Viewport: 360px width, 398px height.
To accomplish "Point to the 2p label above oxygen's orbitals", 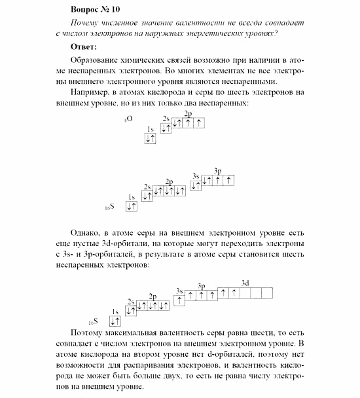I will [188, 114].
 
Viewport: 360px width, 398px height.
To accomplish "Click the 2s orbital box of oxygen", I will [166, 128].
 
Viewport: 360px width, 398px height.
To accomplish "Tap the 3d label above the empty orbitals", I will [245, 282].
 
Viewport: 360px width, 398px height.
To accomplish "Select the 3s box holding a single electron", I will [179, 300].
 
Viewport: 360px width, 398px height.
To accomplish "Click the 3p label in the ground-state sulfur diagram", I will [218, 171].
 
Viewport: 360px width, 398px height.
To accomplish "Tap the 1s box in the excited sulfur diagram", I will [116, 321].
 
